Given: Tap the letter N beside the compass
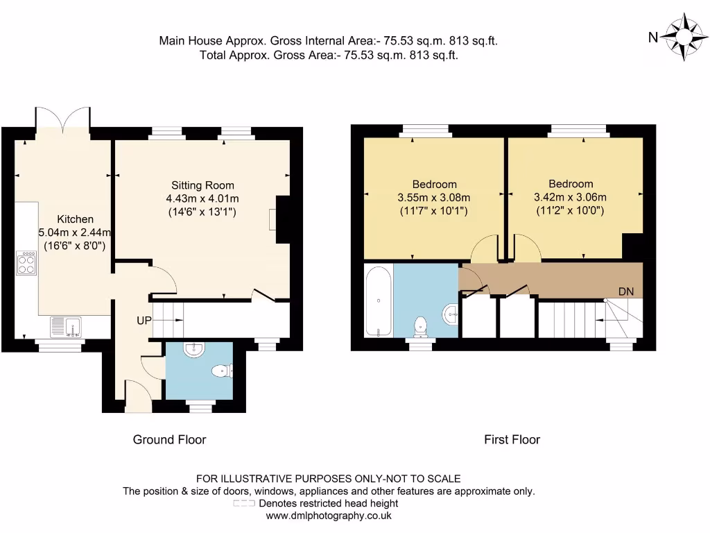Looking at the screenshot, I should click(652, 38).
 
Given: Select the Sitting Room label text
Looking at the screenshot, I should click(202, 185).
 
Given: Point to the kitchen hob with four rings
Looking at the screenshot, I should click(27, 262).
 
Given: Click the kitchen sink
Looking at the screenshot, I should click(66, 325).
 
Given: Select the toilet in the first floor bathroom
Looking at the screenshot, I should click(420, 325).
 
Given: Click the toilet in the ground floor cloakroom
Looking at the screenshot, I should click(221, 371).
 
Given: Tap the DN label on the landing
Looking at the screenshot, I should click(625, 291).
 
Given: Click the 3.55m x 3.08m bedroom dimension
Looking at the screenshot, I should click(434, 197).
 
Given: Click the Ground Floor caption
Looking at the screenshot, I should click(169, 439).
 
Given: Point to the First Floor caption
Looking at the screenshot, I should click(512, 439).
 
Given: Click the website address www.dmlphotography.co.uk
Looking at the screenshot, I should click(329, 516).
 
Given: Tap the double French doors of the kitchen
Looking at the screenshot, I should click(63, 119).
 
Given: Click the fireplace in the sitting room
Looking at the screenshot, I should click(283, 220).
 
